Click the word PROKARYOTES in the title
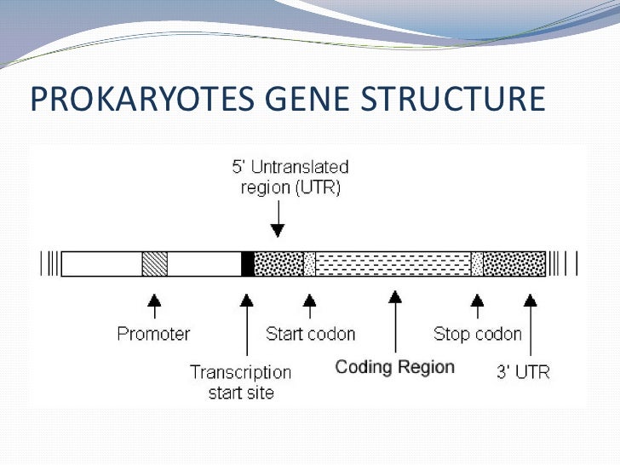tap(138, 99)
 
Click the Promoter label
tap(153, 333)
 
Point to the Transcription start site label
tap(240, 382)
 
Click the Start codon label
tap(310, 333)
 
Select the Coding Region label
tap(394, 368)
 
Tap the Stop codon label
tap(477, 333)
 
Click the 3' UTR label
tap(520, 372)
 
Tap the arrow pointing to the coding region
tap(394, 320)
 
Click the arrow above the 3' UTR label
tap(531, 324)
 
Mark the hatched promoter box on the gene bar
tap(154, 264)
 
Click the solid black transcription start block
tap(248, 264)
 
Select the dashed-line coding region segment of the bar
tap(393, 264)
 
